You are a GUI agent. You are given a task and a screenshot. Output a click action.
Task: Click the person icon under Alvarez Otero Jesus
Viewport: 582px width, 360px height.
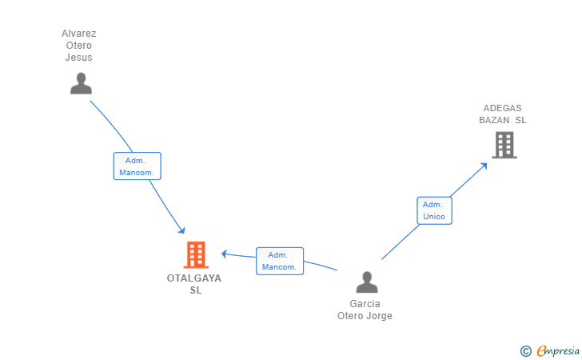click(81, 83)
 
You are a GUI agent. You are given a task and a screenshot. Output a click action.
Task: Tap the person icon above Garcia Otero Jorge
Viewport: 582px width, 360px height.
click(367, 282)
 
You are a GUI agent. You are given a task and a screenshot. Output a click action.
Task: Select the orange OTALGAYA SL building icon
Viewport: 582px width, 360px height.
click(196, 255)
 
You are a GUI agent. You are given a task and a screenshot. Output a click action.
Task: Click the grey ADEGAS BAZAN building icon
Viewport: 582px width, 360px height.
click(504, 145)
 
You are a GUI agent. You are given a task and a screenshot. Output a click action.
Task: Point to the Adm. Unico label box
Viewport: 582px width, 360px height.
click(434, 210)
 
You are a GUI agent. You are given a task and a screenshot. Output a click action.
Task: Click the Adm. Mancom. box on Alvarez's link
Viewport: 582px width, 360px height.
click(137, 166)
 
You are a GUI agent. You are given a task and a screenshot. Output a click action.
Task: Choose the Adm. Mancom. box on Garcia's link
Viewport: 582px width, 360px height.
click(280, 261)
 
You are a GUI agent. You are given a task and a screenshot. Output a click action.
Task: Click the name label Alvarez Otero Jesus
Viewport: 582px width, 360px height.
click(78, 46)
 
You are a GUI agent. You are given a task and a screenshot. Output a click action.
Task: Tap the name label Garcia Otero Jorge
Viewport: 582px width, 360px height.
click(365, 310)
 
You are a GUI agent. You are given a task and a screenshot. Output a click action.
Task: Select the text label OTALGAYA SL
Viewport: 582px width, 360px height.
click(194, 284)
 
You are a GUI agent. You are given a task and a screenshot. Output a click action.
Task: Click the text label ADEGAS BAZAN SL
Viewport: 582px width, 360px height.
click(503, 114)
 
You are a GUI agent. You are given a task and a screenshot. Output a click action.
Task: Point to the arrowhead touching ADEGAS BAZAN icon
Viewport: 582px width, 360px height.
click(484, 166)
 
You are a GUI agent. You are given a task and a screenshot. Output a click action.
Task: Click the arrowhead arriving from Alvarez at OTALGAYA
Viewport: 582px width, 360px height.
click(181, 230)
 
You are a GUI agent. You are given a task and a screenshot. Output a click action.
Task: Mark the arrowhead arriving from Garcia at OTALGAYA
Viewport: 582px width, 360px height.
click(224, 254)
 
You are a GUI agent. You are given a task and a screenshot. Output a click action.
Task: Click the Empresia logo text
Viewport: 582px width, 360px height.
click(558, 350)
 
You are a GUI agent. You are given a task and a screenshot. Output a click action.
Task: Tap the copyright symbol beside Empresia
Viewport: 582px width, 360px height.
click(525, 351)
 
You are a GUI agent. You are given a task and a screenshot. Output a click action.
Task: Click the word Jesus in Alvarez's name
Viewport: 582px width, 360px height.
click(78, 58)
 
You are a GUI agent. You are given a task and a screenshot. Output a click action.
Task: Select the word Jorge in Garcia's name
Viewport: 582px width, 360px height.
click(379, 316)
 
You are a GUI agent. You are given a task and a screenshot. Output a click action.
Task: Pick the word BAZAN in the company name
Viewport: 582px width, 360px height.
click(494, 120)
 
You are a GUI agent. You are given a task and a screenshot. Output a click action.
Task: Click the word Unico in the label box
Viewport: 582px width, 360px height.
click(434, 217)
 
